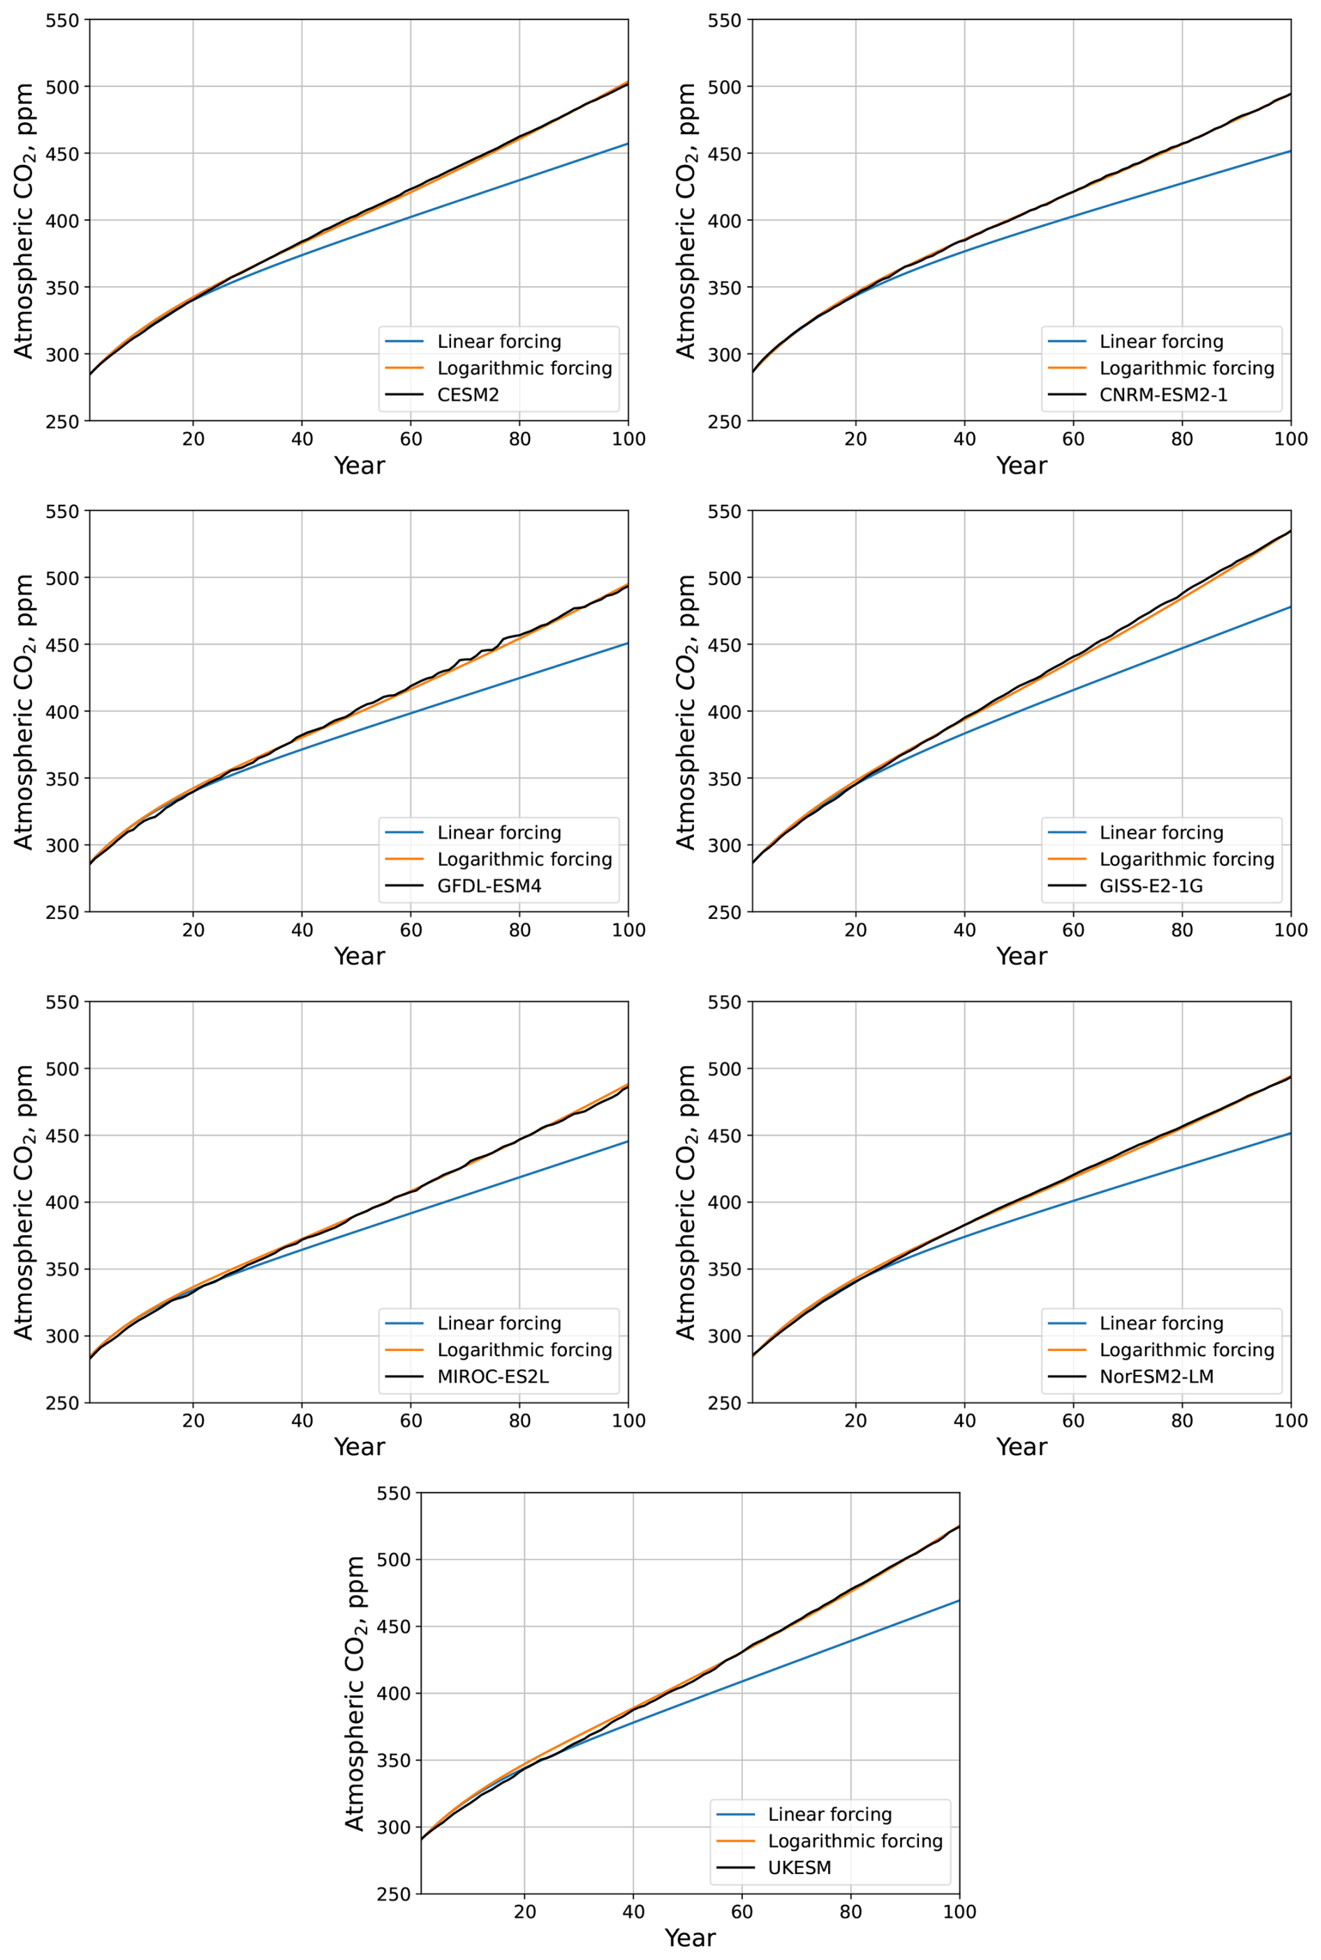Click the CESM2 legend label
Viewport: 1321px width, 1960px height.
pyautogui.click(x=468, y=395)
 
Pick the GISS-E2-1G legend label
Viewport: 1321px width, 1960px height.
pyautogui.click(x=1151, y=885)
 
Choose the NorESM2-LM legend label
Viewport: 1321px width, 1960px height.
pyautogui.click(x=1156, y=1376)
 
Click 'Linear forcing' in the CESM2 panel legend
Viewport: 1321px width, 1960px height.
pyautogui.click(x=499, y=341)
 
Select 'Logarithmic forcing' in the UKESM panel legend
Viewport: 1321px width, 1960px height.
pyautogui.click(x=855, y=1841)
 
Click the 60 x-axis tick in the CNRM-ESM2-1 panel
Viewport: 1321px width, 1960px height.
pyautogui.click(x=1073, y=439)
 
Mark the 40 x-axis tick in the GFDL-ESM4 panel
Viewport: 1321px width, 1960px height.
pyautogui.click(x=302, y=930)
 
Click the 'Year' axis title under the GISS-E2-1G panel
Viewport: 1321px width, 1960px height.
pyautogui.click(x=1021, y=956)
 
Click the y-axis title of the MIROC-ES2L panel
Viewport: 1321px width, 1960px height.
pyautogui.click(x=24, y=1202)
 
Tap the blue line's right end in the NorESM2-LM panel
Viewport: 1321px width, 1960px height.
pyautogui.click(x=1290, y=1134)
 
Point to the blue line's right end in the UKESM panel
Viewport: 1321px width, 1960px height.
pyautogui.click(x=959, y=1600)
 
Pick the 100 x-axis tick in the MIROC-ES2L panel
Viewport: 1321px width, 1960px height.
pyautogui.click(x=628, y=1421)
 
